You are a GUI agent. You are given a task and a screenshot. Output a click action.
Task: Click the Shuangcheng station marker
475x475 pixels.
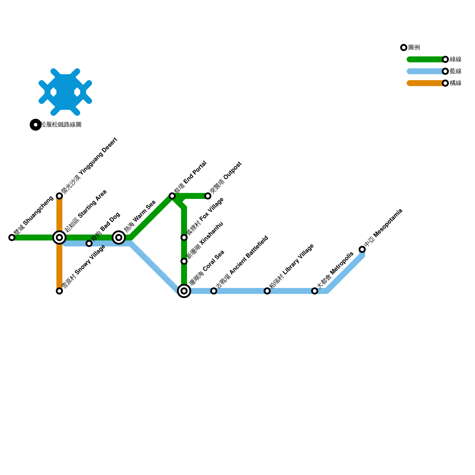click(x=12, y=237)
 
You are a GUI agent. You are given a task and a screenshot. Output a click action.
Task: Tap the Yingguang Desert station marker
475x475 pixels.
click(x=59, y=196)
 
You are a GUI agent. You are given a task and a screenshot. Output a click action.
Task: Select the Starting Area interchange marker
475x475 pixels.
click(x=59, y=237)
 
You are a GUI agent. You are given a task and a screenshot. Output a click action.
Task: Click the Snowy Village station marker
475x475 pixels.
click(x=59, y=291)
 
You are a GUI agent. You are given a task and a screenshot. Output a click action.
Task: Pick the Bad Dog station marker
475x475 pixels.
click(x=89, y=244)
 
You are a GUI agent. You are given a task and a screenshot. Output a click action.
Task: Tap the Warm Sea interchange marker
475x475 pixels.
click(x=119, y=237)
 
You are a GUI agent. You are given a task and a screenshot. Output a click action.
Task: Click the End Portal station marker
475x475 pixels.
click(x=172, y=196)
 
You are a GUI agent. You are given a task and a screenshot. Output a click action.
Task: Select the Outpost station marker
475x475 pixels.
click(x=208, y=196)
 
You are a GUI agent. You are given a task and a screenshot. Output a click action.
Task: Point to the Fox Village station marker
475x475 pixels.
click(x=184, y=237)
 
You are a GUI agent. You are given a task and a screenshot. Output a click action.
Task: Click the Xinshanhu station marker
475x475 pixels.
click(x=184, y=261)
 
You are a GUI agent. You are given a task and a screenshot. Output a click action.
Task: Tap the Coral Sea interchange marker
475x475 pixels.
click(x=184, y=291)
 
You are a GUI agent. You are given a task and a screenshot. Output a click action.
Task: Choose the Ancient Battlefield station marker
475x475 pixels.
click(x=214, y=291)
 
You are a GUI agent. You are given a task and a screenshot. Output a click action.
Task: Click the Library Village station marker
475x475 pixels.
click(x=267, y=291)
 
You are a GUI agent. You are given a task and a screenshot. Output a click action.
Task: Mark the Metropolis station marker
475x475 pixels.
click(x=315, y=291)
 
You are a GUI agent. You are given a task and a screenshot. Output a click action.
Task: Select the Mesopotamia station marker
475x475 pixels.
click(x=362, y=249)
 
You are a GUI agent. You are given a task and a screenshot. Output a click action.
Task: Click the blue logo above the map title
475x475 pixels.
click(x=65, y=92)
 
